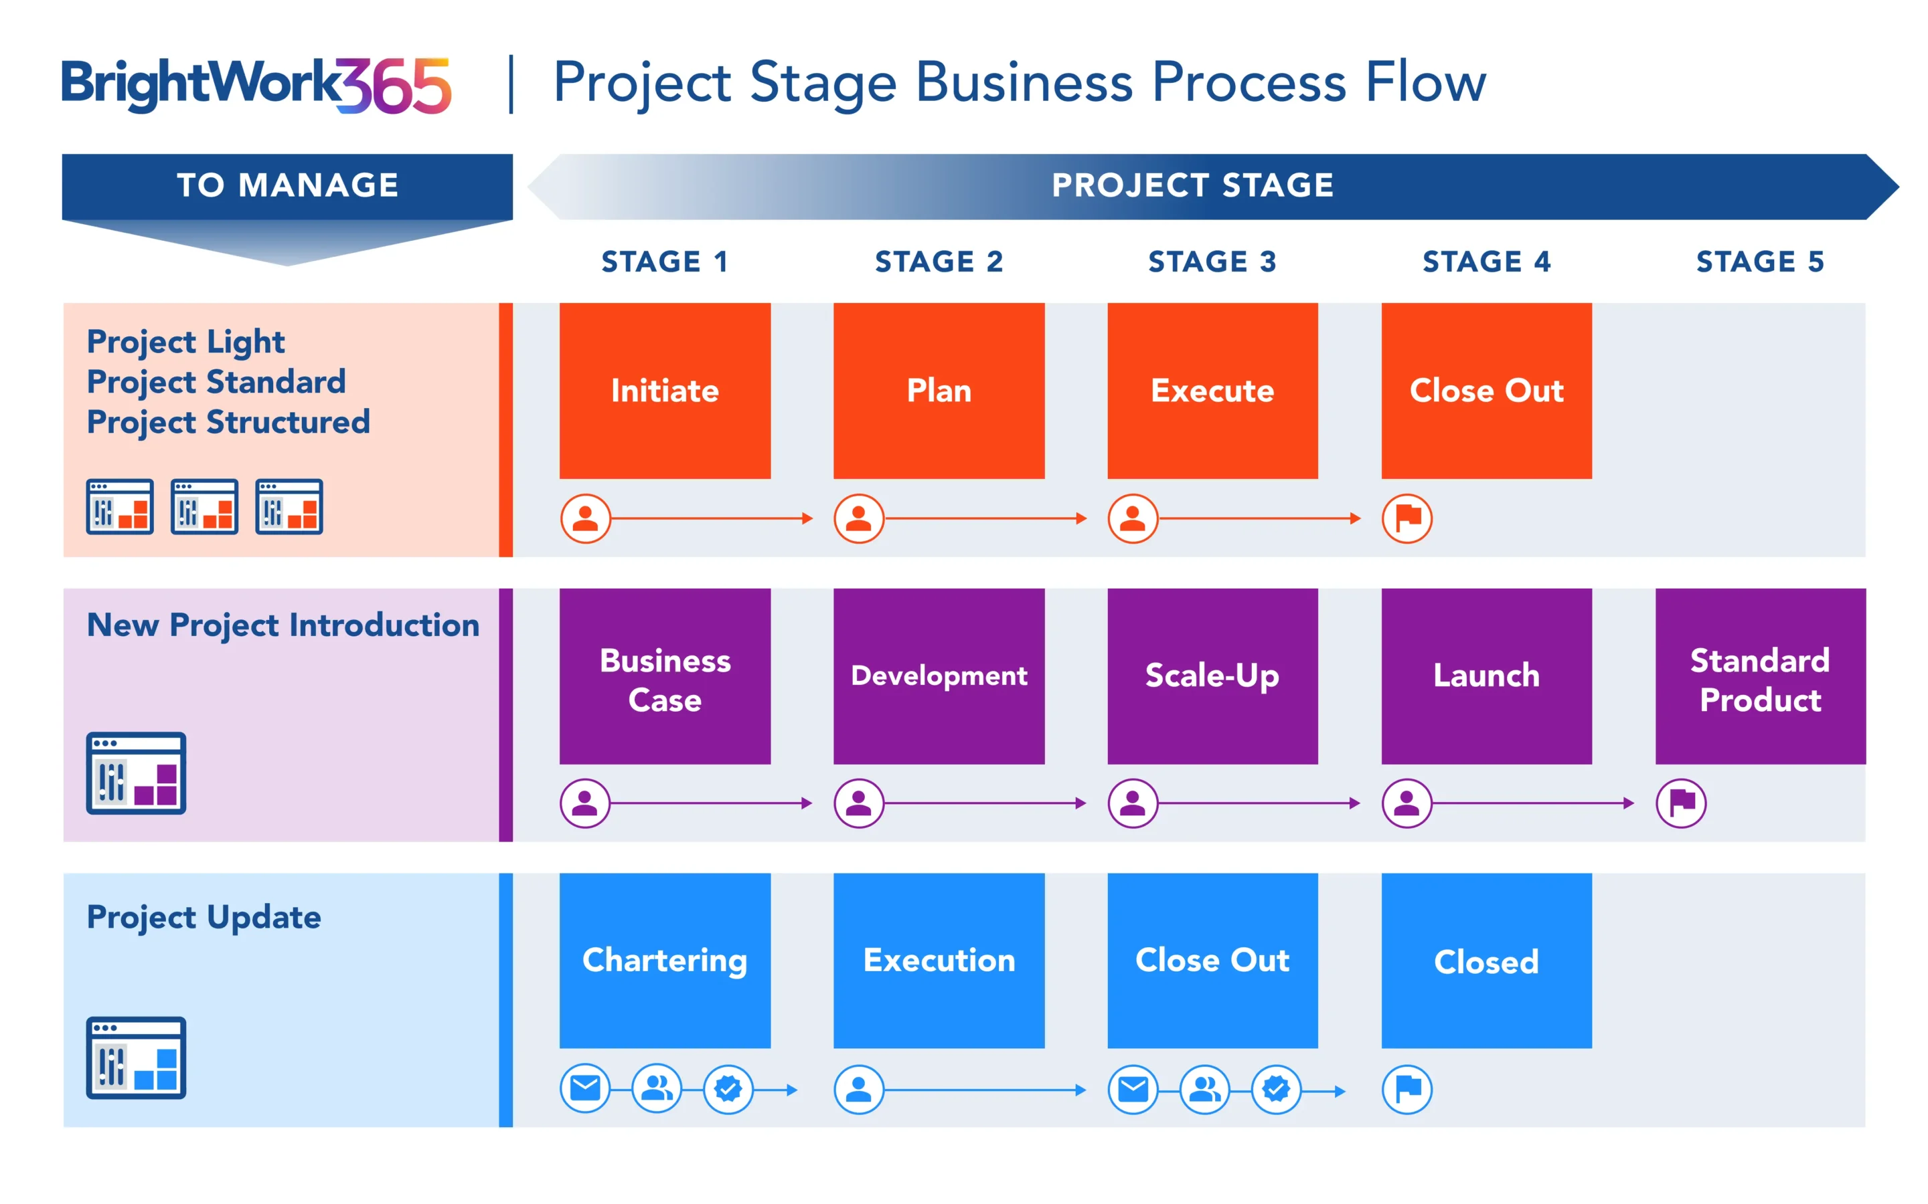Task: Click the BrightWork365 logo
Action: [x=256, y=84]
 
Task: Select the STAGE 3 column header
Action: [x=1212, y=261]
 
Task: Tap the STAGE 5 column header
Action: [x=1760, y=261]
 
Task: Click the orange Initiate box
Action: [x=665, y=390]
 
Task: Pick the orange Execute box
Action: [x=1212, y=390]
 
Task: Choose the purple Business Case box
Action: [x=665, y=676]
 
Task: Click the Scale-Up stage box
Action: [x=1212, y=676]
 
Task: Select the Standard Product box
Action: [x=1760, y=676]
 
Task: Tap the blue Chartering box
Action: [x=665, y=961]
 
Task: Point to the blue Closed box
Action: [x=1486, y=961]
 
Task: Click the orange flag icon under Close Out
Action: [x=1407, y=518]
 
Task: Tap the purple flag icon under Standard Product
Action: [x=1680, y=803]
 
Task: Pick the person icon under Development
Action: [x=858, y=803]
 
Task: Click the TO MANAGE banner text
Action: [x=288, y=185]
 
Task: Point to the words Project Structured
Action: [x=228, y=422]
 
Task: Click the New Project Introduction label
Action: [x=283, y=625]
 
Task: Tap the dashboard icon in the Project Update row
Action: [x=137, y=1058]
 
